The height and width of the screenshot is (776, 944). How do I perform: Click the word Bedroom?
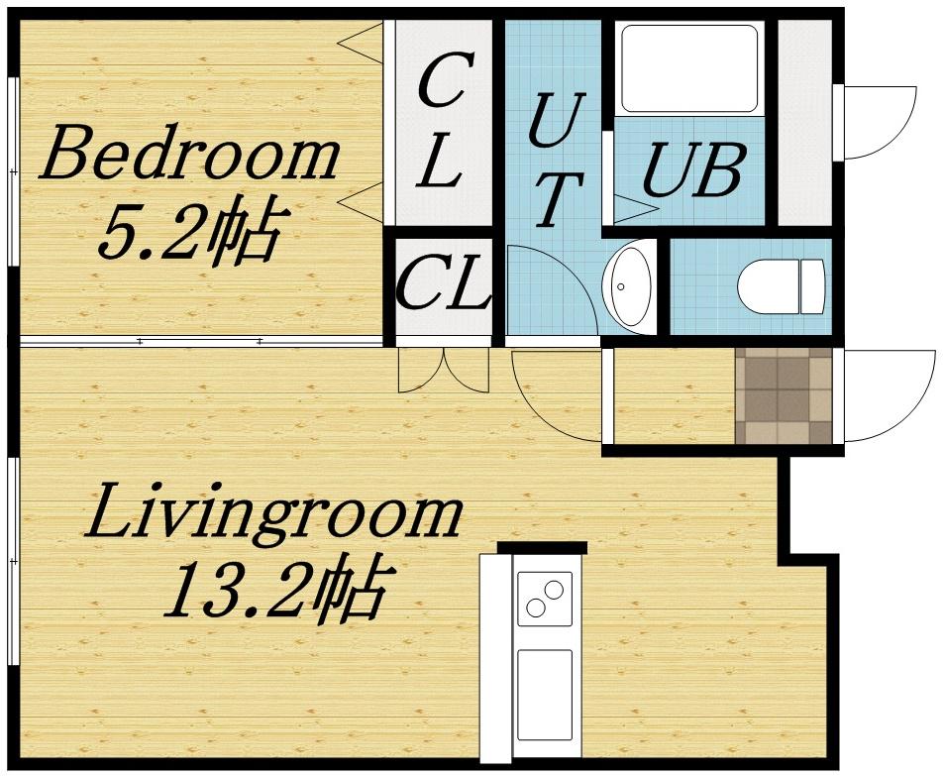coord(188,156)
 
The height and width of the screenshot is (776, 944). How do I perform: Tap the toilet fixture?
coord(781,285)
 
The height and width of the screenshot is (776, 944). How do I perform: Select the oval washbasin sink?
coord(628,285)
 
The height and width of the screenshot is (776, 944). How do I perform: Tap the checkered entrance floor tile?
coord(784,395)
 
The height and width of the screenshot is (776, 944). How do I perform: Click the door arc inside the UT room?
coord(551,288)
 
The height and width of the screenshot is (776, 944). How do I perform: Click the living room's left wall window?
coord(12,561)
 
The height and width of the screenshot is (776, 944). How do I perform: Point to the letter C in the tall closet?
coord(442,83)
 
